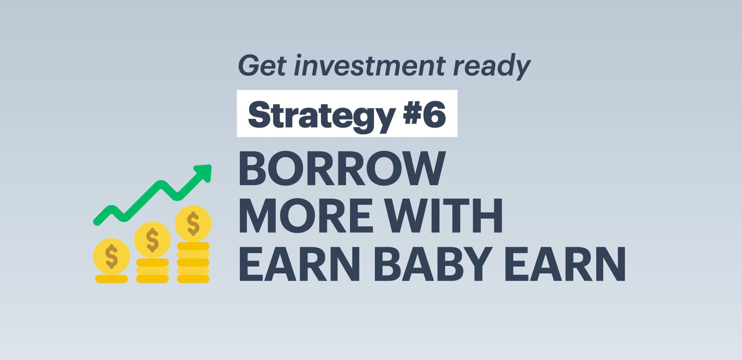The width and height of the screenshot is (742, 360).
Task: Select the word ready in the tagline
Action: pos(492,67)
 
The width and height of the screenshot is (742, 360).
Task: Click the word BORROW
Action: pos(342,169)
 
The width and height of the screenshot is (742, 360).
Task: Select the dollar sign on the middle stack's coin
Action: pos(152,240)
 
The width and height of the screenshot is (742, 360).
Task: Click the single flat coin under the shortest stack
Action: pos(111,279)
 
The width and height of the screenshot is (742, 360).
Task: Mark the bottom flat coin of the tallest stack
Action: pos(193,279)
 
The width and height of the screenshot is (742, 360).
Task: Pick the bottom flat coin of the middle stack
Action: pos(152,279)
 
